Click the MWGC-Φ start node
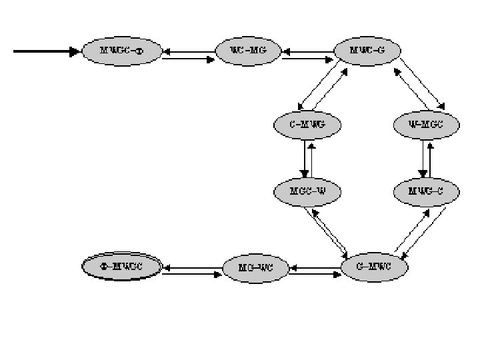[x=121, y=51]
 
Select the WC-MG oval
[x=248, y=51]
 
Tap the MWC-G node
[x=367, y=51]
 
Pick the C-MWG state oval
[x=307, y=124]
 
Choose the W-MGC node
[x=425, y=124]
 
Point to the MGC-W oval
[x=307, y=192]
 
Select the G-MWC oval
[x=374, y=267]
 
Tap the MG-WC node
[x=255, y=268]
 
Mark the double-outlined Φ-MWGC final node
[x=121, y=267]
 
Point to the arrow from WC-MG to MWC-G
[x=308, y=59]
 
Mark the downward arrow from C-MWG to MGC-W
[x=305, y=158]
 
